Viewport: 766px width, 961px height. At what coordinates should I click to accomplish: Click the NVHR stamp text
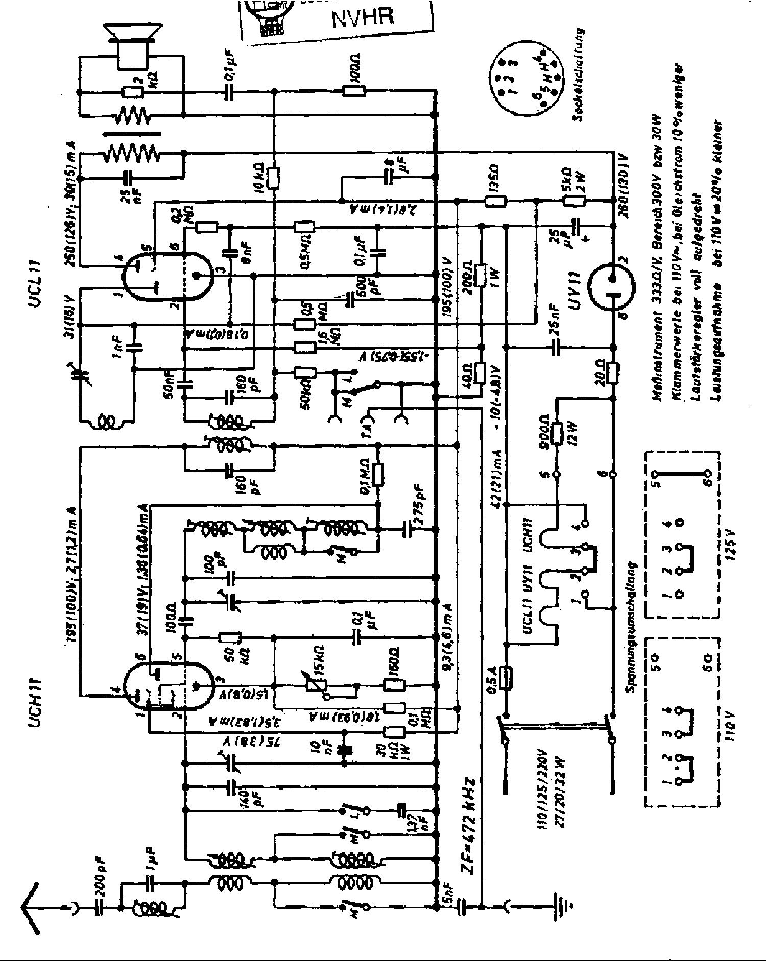(363, 18)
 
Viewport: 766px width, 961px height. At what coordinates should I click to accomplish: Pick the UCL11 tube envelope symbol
(169, 276)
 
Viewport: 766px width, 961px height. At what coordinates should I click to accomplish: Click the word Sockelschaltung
(577, 77)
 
